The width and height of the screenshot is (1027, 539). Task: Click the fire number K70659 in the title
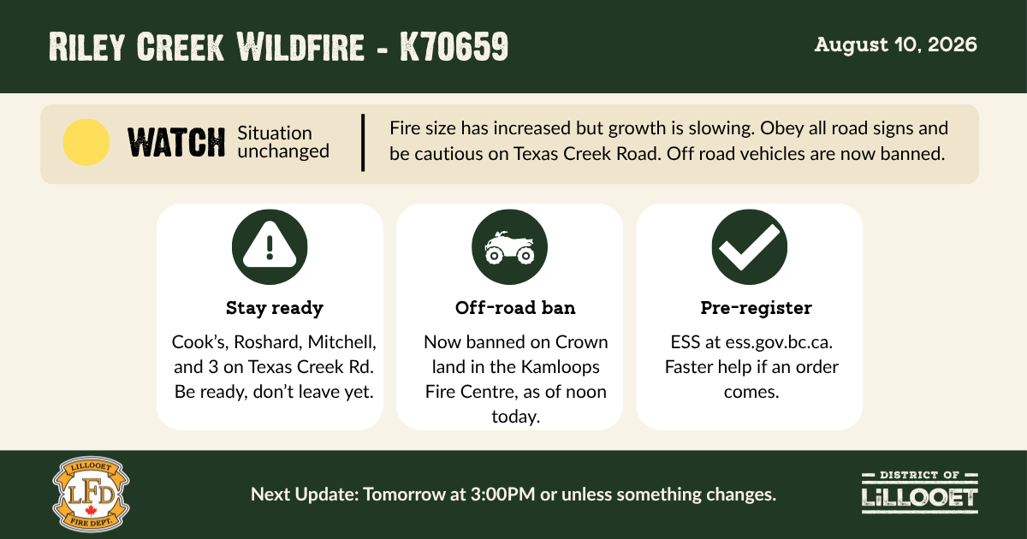(x=454, y=46)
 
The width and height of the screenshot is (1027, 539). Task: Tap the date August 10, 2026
(x=895, y=44)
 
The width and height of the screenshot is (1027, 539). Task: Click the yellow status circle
(x=86, y=142)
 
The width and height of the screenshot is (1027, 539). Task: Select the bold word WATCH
(x=176, y=143)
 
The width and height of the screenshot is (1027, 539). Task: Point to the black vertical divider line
(x=363, y=143)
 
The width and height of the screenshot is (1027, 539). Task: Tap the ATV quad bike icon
(x=509, y=247)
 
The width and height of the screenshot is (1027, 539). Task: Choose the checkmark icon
(x=749, y=247)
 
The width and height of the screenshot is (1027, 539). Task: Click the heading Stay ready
(x=274, y=308)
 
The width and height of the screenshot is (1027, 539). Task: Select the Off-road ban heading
(x=515, y=307)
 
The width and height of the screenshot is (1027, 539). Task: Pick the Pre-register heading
(x=756, y=308)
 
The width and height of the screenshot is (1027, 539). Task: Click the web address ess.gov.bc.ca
(x=779, y=342)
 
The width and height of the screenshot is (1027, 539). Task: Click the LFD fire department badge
(x=91, y=495)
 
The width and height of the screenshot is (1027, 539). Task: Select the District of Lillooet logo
(x=919, y=493)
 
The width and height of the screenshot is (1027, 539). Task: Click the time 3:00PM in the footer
(x=503, y=495)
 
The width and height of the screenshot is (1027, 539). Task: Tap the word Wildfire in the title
(x=300, y=46)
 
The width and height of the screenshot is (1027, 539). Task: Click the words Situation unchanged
(x=283, y=142)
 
